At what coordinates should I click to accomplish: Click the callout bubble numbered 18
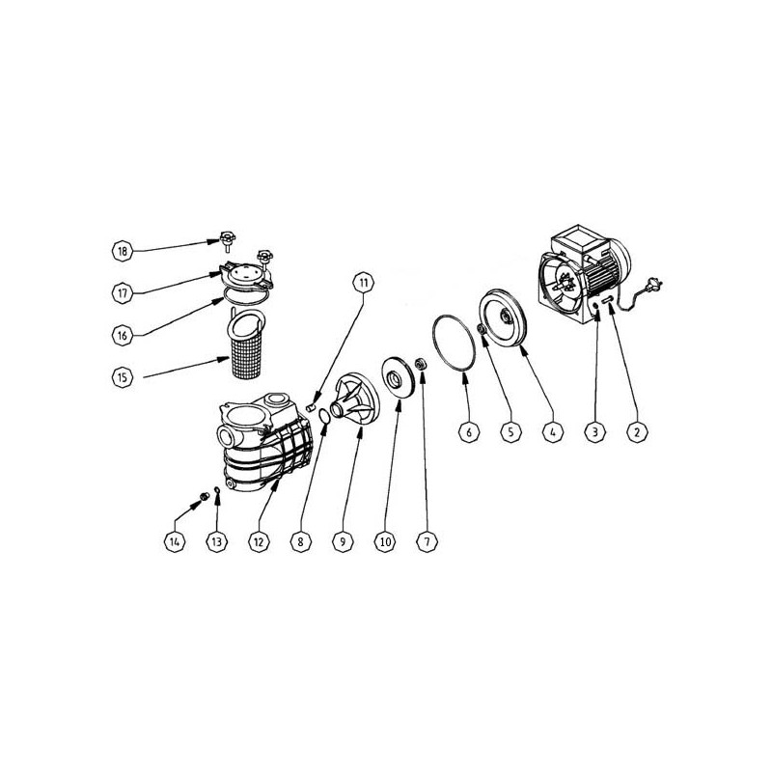click(123, 251)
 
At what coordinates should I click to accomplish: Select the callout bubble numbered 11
click(364, 283)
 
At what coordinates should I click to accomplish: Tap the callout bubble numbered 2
click(637, 432)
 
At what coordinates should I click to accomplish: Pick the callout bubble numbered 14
click(175, 542)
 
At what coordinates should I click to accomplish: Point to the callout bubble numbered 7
click(427, 542)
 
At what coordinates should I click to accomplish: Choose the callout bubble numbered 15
click(123, 377)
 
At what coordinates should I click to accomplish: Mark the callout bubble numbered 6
click(469, 432)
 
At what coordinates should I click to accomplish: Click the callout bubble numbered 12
click(259, 542)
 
